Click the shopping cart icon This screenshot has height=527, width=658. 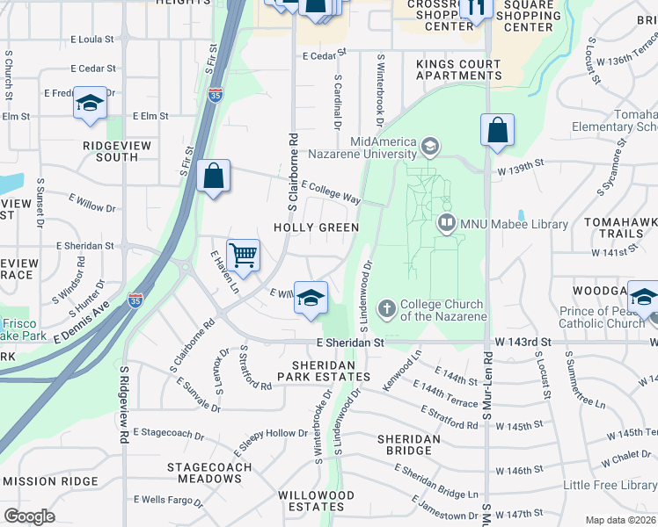point(244,256)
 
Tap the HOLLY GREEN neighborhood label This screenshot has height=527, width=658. point(316,227)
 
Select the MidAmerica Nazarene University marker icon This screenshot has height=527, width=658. point(430,144)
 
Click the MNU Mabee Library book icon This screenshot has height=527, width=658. point(447,225)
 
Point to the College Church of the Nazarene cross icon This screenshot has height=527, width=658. point(386,308)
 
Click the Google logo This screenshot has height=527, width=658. point(29,516)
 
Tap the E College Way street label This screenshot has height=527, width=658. point(331,192)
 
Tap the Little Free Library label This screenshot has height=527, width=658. point(610,485)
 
